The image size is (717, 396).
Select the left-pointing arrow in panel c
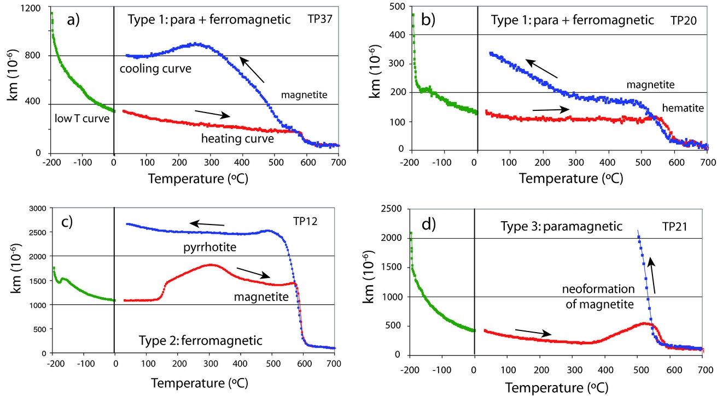coord(207,223)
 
